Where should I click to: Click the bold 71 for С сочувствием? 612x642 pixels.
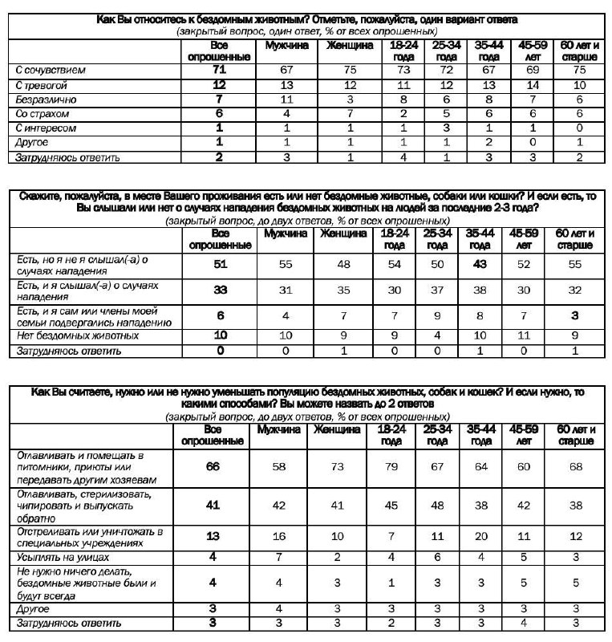219,71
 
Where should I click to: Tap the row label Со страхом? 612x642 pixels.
41,114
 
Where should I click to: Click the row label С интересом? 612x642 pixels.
46,128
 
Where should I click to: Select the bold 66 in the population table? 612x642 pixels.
213,467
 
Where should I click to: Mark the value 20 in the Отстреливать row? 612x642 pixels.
480,536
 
